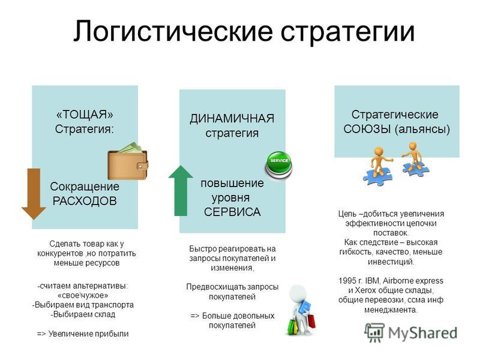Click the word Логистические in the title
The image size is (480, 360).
click(173, 31)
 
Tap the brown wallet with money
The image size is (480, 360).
click(128, 161)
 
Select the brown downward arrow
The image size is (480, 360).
click(34, 194)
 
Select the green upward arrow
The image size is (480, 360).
click(181, 190)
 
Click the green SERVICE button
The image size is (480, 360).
click(278, 165)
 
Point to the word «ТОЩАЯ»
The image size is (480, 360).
click(85, 115)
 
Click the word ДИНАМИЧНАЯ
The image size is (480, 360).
click(232, 118)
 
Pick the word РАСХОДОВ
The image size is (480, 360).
click(85, 201)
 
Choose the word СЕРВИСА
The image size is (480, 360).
click(232, 212)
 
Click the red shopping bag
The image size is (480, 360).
click(311, 321)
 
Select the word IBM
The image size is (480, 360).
click(372, 281)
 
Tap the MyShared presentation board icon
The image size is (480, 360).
click(374, 332)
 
